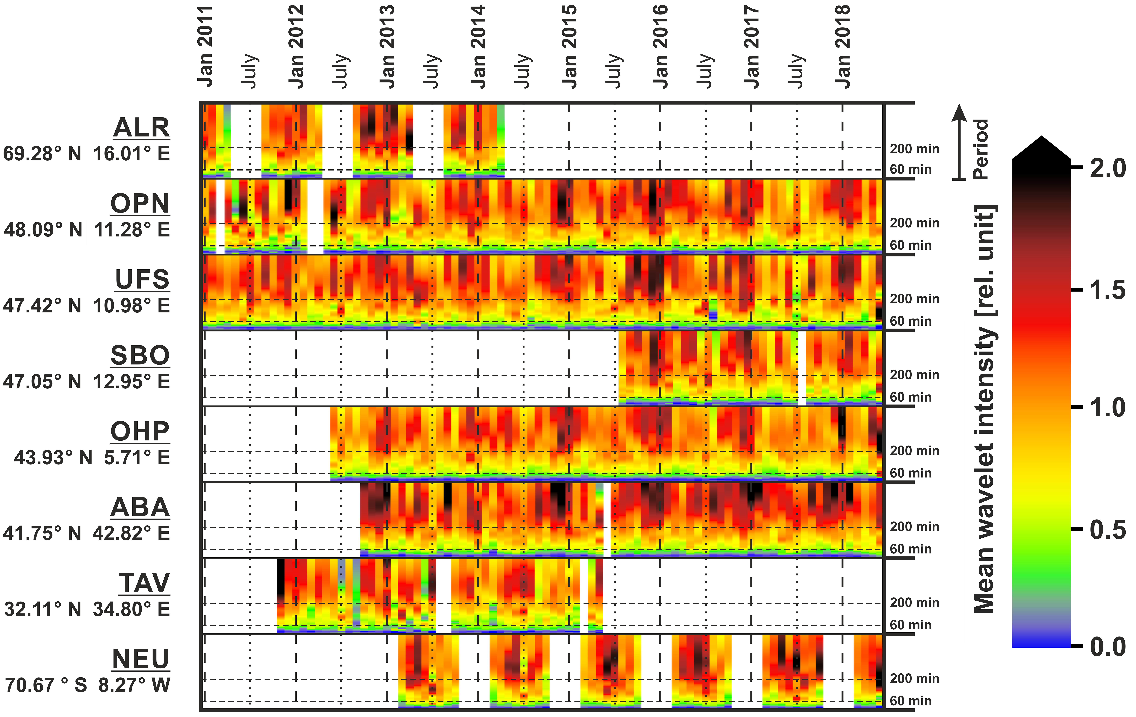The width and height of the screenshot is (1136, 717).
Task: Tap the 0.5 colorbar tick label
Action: coord(1107,530)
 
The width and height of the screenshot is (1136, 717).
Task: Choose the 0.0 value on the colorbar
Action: coord(1107,646)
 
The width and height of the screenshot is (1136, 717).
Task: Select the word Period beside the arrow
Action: coord(981,149)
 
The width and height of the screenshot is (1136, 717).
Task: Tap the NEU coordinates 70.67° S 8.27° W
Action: coord(87,685)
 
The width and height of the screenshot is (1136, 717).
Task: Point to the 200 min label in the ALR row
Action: coord(914,149)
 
